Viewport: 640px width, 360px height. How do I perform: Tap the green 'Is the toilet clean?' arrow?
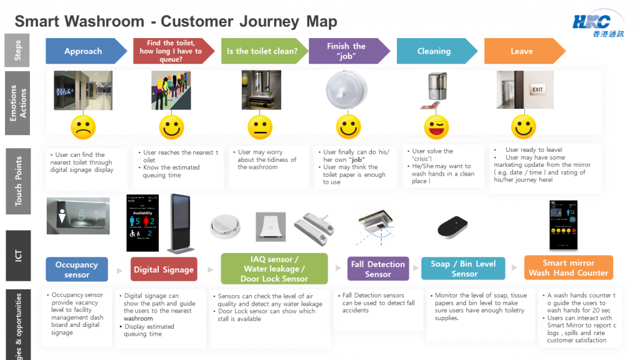(262, 51)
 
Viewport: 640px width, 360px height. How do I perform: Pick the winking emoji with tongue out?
(436, 127)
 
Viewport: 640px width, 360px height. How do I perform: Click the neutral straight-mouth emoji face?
(259, 127)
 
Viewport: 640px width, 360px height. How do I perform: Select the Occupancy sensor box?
(77, 269)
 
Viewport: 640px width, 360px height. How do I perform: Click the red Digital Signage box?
(163, 269)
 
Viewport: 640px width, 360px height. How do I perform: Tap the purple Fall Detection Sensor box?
(378, 269)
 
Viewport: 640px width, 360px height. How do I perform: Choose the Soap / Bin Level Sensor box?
(464, 269)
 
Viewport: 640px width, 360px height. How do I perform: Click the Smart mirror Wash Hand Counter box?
(568, 267)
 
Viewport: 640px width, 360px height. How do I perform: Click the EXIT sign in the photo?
(537, 89)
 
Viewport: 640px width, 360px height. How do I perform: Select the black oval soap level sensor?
(454, 227)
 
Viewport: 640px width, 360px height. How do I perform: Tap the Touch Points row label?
(19, 181)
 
